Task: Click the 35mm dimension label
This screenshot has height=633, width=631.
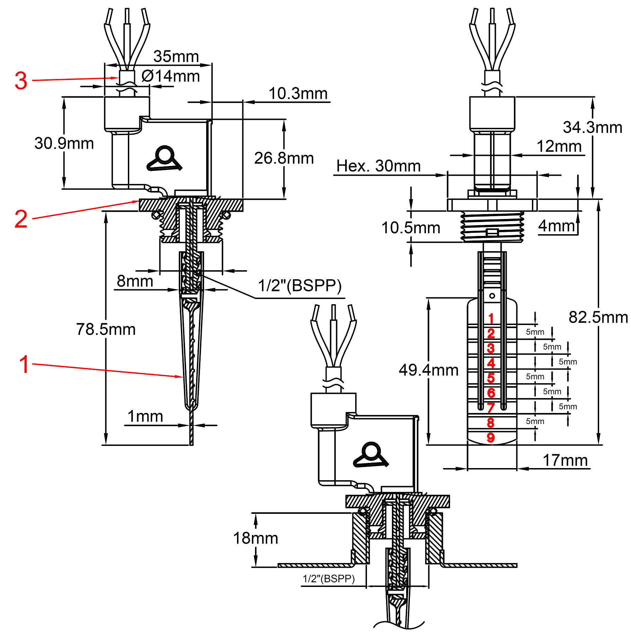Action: [176, 56]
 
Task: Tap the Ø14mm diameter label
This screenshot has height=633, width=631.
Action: [170, 76]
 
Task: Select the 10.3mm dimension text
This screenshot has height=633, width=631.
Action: [298, 94]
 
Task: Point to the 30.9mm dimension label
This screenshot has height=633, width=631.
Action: [64, 143]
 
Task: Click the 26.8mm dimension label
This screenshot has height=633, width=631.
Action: [284, 158]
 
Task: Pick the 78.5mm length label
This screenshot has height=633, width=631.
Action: [106, 329]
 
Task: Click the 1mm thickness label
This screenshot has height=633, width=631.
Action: [145, 416]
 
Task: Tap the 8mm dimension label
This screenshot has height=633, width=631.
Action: [135, 281]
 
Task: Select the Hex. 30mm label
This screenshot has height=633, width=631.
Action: [378, 166]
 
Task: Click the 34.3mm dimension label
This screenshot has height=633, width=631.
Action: [593, 128]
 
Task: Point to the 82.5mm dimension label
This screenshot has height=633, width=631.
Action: [598, 317]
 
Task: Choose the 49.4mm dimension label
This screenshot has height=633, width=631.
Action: [429, 370]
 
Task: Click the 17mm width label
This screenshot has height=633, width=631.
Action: [565, 460]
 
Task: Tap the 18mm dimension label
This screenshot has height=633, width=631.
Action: [256, 538]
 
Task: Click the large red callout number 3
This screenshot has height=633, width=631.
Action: [21, 81]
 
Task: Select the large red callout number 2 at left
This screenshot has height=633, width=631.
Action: [21, 219]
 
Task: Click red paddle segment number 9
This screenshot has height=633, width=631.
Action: [491, 438]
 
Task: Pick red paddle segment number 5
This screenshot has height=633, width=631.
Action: [491, 378]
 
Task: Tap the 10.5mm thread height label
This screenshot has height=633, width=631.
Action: [411, 228]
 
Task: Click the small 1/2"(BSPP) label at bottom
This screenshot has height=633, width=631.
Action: [328, 579]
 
